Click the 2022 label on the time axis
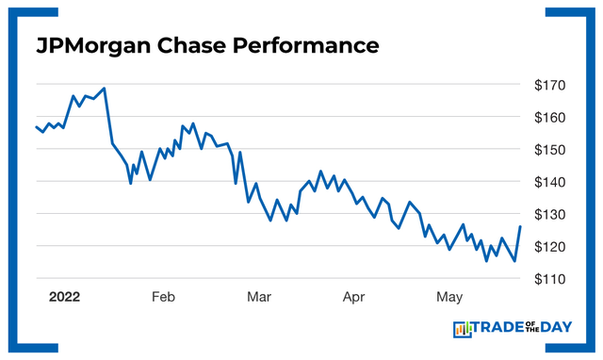(x=64, y=297)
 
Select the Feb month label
(x=163, y=297)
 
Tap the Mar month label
(x=258, y=297)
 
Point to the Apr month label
(x=353, y=297)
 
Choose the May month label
(x=449, y=297)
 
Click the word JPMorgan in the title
(x=93, y=46)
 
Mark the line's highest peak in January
(x=104, y=89)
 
